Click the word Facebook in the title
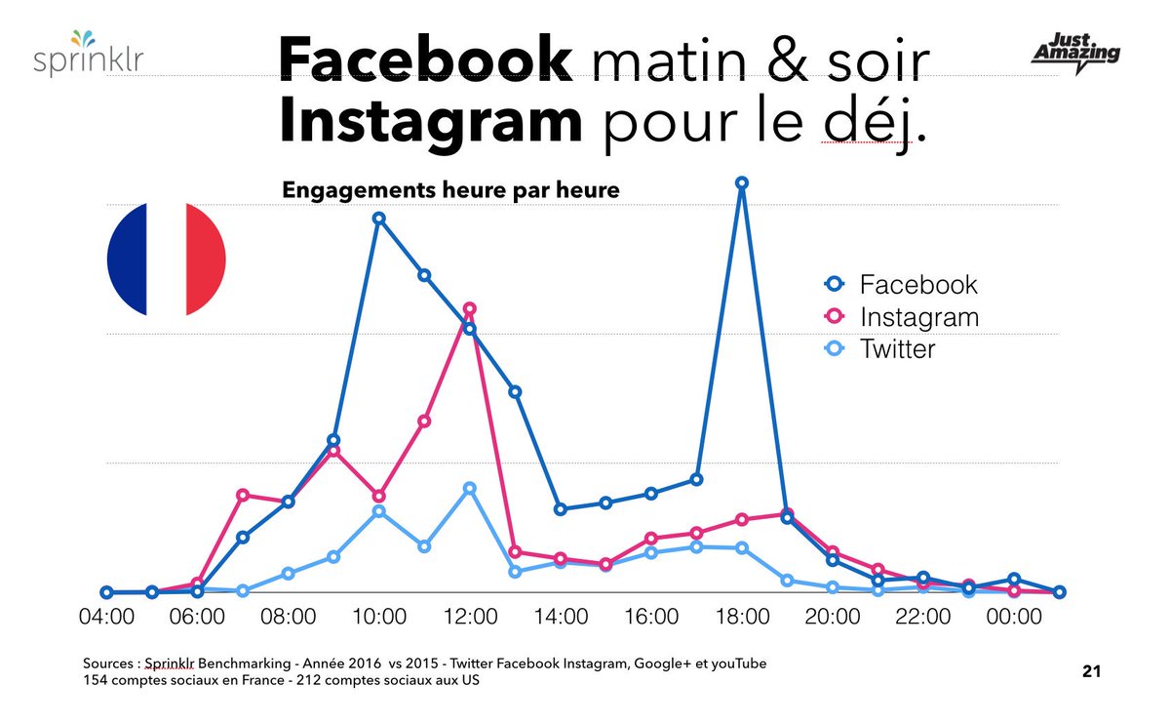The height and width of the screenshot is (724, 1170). tap(425, 61)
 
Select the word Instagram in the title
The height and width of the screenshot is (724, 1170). tap(430, 122)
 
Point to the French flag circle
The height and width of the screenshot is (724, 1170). tap(166, 260)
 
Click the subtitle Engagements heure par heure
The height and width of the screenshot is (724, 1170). tap(450, 190)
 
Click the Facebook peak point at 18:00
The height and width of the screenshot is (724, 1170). tap(742, 182)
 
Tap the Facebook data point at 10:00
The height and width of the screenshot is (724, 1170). tap(379, 218)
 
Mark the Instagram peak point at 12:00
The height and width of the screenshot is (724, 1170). tap(470, 308)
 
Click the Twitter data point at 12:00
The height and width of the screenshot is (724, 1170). tap(470, 488)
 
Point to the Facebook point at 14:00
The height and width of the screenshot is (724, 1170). tap(561, 509)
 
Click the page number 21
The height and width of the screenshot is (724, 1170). tap(1091, 671)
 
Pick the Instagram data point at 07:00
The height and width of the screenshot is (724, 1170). tap(243, 495)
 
